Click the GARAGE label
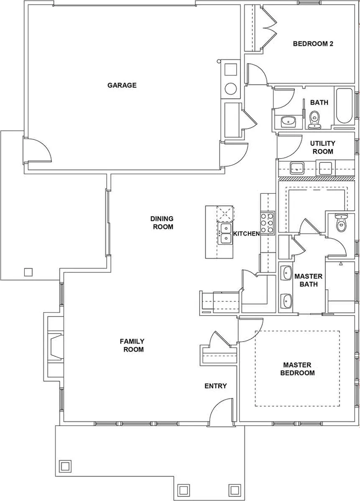(x=122, y=85)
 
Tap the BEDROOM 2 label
(x=313, y=44)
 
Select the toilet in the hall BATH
(x=314, y=119)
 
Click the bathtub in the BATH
(x=344, y=106)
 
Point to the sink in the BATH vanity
(x=288, y=121)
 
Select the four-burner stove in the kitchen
(x=267, y=223)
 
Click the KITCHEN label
(x=246, y=234)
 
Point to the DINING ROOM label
(x=162, y=223)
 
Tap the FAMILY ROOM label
(x=133, y=345)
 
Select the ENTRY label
(x=216, y=386)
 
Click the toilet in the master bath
(x=342, y=224)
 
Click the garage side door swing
(x=40, y=151)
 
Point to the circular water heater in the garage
(x=231, y=88)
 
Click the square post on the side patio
(x=28, y=272)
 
